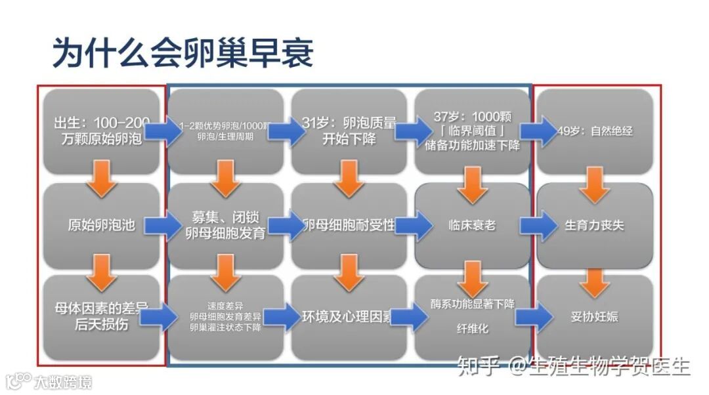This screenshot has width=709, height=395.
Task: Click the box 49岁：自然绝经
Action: coord(595,131)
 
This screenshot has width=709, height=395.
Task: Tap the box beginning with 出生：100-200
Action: coord(101,131)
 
